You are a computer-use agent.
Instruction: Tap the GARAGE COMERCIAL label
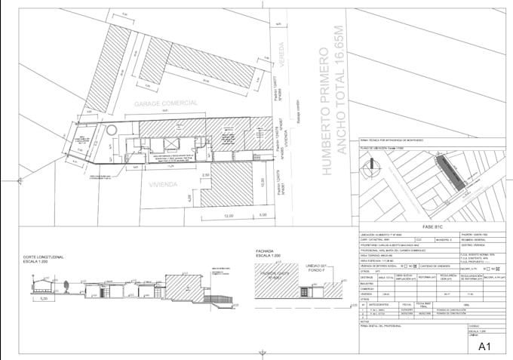click(166, 102)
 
